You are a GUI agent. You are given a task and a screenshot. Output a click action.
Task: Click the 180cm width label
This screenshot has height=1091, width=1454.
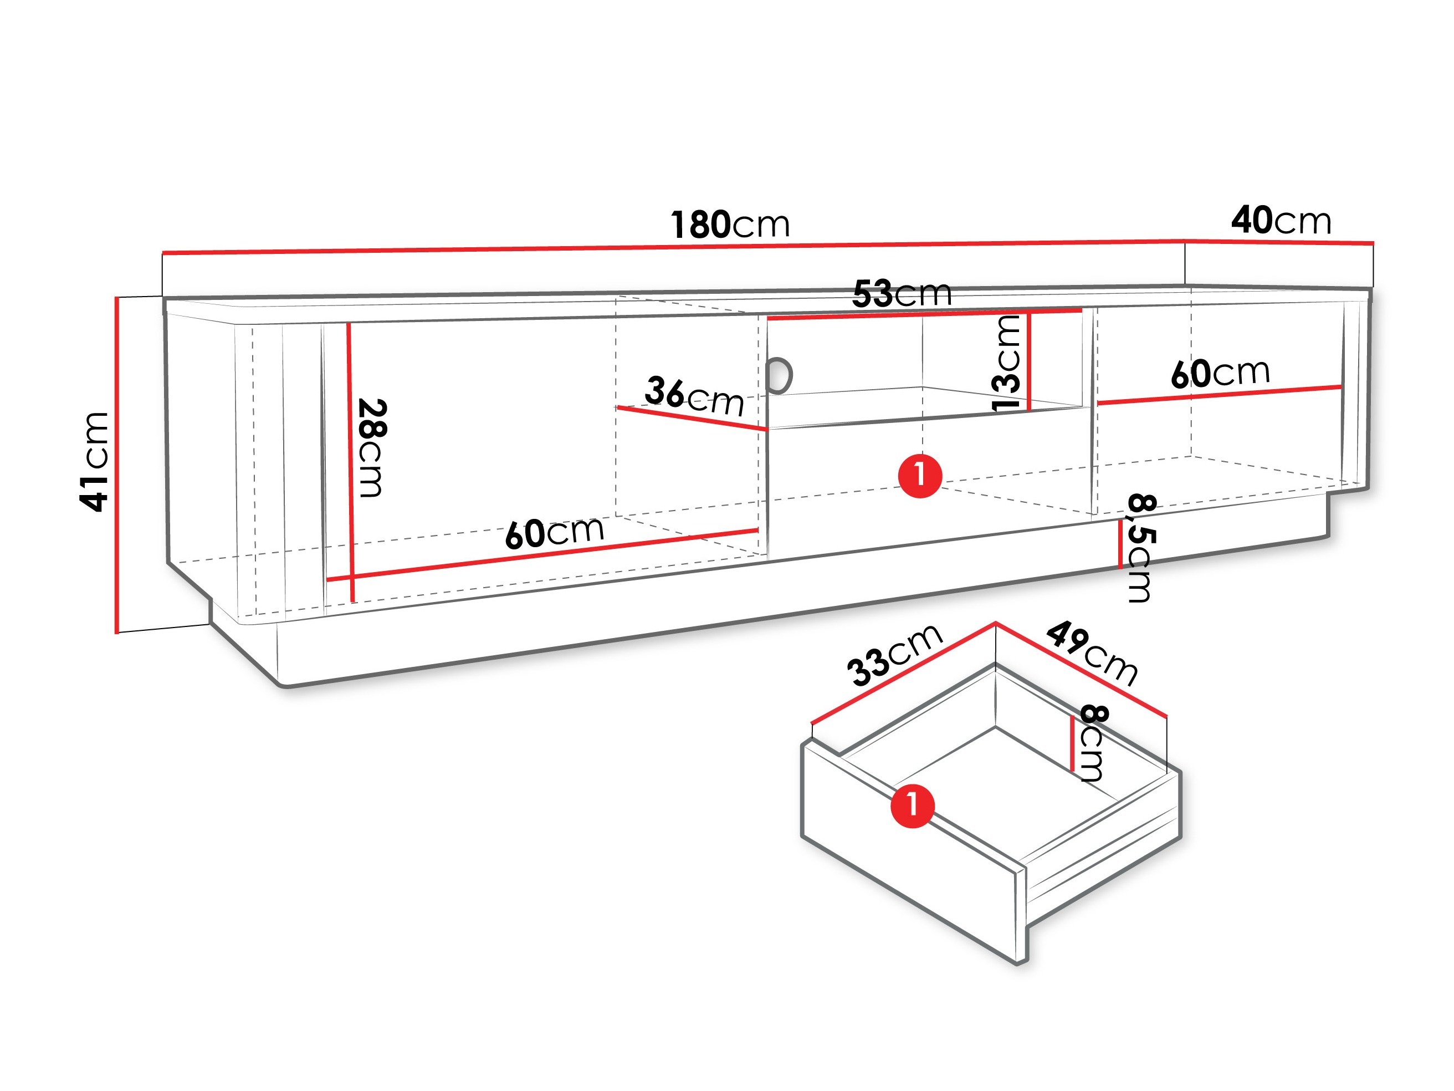pyautogui.click(x=730, y=225)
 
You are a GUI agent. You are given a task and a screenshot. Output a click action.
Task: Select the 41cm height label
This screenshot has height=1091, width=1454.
pyautogui.click(x=93, y=462)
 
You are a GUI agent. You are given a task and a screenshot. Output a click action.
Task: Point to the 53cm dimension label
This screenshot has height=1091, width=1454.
pyautogui.click(x=902, y=293)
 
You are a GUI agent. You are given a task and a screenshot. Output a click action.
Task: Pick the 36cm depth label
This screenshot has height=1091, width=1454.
pyautogui.click(x=694, y=396)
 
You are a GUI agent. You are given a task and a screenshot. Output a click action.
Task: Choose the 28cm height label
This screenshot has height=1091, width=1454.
pyautogui.click(x=372, y=448)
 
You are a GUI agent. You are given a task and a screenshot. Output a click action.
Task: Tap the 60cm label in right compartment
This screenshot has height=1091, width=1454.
pyautogui.click(x=1221, y=373)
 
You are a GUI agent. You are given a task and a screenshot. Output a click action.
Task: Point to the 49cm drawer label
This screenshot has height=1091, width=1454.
pyautogui.click(x=1092, y=652)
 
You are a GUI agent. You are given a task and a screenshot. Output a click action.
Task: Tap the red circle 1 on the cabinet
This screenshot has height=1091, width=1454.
pyautogui.click(x=920, y=476)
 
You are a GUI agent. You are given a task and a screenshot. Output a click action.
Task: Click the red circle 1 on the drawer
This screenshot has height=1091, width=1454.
pyautogui.click(x=913, y=805)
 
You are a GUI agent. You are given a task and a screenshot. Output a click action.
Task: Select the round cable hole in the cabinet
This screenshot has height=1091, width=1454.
pyautogui.click(x=780, y=375)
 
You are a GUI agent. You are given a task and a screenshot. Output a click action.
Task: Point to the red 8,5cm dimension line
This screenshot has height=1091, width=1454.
pyautogui.click(x=1120, y=544)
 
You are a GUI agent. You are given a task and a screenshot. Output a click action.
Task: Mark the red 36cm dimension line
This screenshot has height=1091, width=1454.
pyautogui.click(x=692, y=418)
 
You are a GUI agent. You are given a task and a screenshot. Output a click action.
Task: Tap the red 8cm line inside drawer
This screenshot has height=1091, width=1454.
pyautogui.click(x=1073, y=744)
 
